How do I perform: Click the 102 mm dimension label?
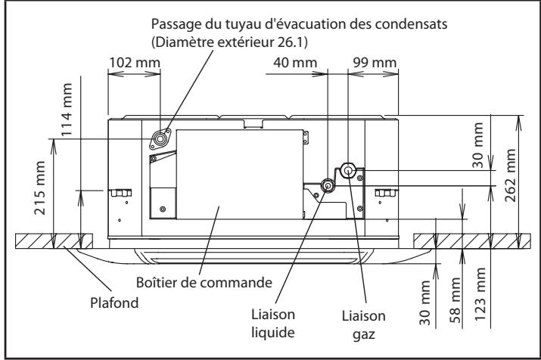click(x=134, y=61)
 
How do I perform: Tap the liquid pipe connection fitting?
click(x=328, y=185)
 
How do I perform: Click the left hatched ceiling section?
click(x=53, y=242)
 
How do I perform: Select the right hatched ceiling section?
click(x=469, y=242)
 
